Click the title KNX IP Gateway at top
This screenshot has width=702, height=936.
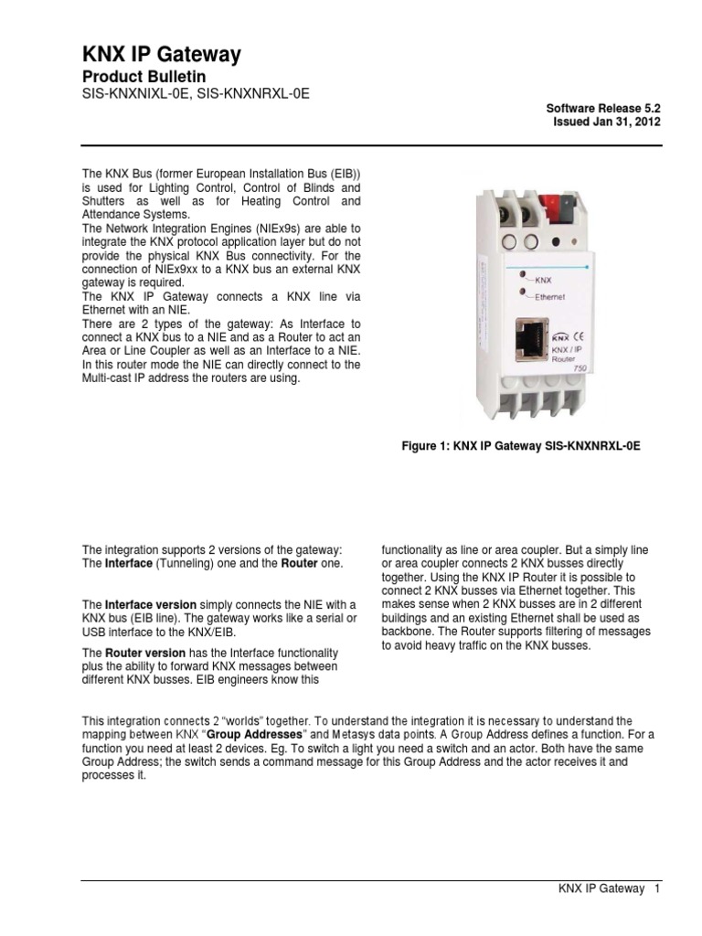(x=161, y=55)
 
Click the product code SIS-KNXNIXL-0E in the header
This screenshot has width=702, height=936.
(x=136, y=95)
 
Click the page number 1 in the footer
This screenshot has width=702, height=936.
(x=656, y=890)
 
